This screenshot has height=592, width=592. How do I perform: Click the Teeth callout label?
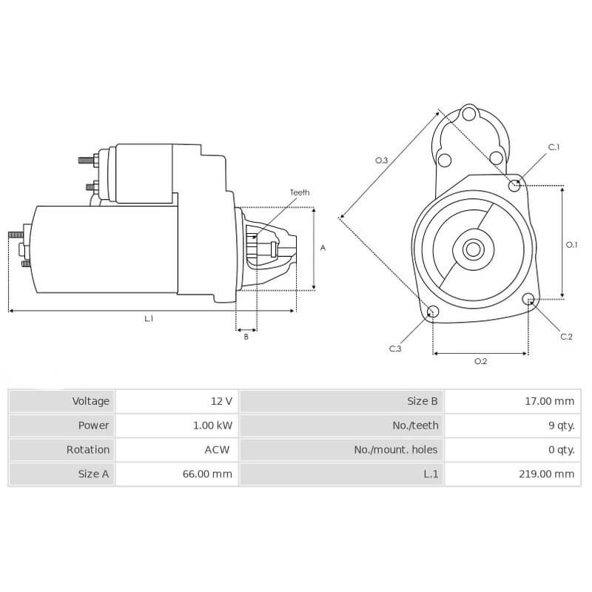tap(299, 192)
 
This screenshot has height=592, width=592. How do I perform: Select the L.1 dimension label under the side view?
tap(149, 319)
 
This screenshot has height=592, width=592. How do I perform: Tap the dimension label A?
tap(323, 249)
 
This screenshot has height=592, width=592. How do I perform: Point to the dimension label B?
tap(246, 337)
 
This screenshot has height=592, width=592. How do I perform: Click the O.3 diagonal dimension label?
tap(381, 160)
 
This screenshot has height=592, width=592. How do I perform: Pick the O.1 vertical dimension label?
tap(571, 244)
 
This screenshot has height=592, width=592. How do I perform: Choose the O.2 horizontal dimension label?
tap(480, 361)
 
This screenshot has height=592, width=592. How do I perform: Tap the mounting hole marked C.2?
tap(529, 300)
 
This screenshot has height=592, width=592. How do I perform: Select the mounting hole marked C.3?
tap(434, 312)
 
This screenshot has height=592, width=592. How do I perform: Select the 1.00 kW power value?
tap(211, 425)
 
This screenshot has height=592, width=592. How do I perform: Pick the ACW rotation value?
tap(217, 449)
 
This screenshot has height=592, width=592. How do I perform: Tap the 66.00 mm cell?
tap(209, 474)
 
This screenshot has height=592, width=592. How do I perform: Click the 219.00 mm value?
tap(546, 474)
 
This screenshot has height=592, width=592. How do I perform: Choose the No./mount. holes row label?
tap(395, 449)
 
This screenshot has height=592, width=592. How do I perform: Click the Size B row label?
tap(423, 401)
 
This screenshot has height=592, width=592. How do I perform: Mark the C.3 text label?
tap(396, 349)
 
